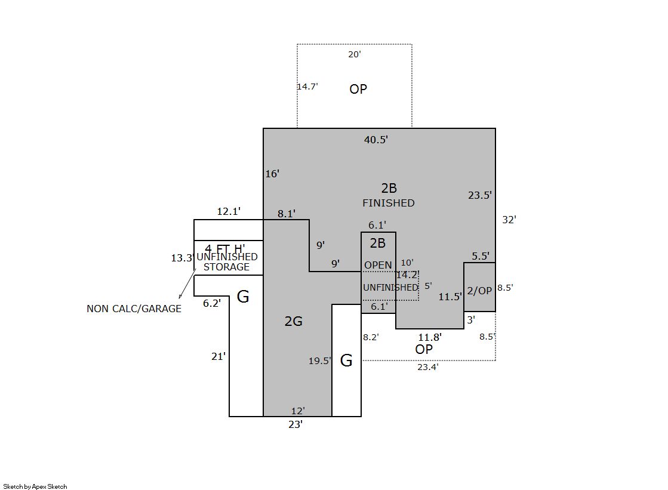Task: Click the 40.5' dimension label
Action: coord(375,140)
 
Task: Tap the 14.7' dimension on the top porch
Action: coord(307,87)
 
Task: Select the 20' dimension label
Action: coord(355,54)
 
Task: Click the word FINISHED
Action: coord(389,203)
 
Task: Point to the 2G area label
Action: coord(294,321)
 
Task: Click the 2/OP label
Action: coord(479,291)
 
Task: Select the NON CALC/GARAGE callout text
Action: coord(134,309)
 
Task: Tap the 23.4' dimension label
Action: coord(428,367)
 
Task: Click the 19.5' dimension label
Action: coord(319,361)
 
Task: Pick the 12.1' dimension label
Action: coord(229,211)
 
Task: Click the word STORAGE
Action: coord(227,267)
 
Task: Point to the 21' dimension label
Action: coord(218,356)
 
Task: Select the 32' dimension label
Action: coord(509,220)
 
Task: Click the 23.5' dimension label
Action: coord(480,195)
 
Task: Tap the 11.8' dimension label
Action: coord(430,337)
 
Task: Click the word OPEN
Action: coord(378,265)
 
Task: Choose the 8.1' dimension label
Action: coord(287,214)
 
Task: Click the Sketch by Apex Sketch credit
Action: coord(35,486)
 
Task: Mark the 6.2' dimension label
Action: coord(212,303)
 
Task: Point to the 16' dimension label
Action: coord(272,174)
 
